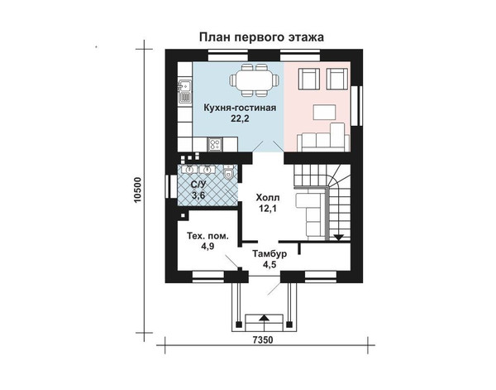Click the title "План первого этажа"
tap(261, 37)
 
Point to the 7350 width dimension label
tap(263, 340)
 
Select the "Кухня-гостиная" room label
tap(240, 108)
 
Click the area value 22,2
tap(240, 118)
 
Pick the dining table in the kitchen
tap(254, 80)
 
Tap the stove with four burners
tap(215, 145)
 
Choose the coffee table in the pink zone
tap(325, 113)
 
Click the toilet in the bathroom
tap(228, 173)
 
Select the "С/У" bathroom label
tap(198, 185)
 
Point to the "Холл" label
tap(268, 198)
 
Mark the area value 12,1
tap(268, 209)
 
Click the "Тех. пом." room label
tap(207, 236)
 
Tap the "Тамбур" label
tap(269, 253)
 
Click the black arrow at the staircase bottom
tap(338, 238)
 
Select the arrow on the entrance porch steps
tap(265, 318)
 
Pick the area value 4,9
tap(207, 246)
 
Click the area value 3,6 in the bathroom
tap(198, 195)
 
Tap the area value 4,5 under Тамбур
tap(269, 264)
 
